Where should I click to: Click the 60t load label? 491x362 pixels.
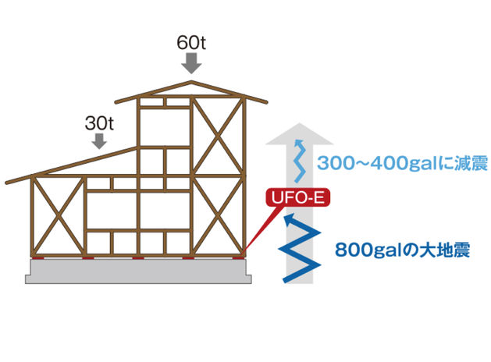tap(191, 42)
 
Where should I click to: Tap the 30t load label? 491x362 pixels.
tap(99, 123)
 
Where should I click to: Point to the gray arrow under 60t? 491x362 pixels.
tap(191, 66)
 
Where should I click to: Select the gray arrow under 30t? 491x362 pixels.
tap(99, 141)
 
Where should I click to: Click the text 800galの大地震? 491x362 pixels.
tap(402, 251)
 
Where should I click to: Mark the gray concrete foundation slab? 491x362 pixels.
tap(138, 270)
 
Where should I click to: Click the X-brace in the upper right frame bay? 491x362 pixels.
tap(219, 136)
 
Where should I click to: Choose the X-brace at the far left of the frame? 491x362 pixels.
tap(57, 218)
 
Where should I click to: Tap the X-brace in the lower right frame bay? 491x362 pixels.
tap(219, 216)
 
